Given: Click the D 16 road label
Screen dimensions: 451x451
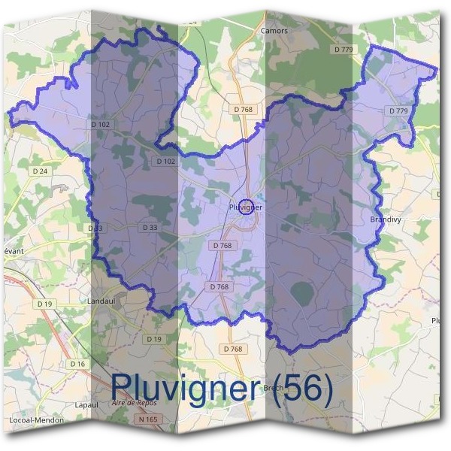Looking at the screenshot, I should click(x=77, y=364).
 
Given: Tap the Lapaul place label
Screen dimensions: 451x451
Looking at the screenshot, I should click(x=88, y=404).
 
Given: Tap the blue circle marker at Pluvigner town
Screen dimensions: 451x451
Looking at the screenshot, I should click(x=244, y=206).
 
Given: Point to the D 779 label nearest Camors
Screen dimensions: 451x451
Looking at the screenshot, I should click(x=342, y=50).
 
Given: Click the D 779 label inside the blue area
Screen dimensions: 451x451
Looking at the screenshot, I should click(x=398, y=111).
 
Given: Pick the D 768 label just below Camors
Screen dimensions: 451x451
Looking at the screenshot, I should click(x=244, y=110).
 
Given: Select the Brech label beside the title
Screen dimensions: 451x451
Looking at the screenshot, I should click(x=272, y=388).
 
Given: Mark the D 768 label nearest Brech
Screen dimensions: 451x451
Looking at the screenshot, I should click(x=233, y=349).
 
